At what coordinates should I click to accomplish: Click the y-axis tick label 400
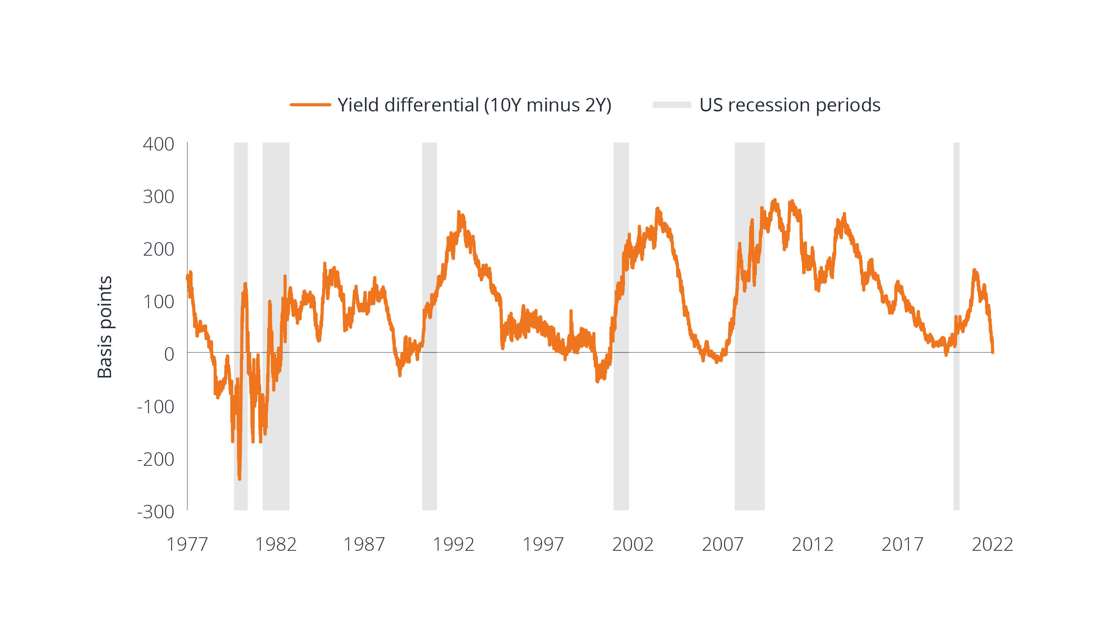(158, 144)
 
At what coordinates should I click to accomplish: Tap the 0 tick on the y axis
(169, 354)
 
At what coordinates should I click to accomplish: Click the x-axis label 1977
(187, 544)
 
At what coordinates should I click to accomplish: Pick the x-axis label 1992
(453, 544)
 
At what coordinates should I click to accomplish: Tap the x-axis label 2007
(722, 544)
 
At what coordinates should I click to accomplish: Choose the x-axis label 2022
(992, 544)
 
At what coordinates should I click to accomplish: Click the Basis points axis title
(105, 327)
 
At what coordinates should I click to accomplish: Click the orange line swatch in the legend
(310, 105)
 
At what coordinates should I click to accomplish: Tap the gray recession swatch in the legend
(672, 105)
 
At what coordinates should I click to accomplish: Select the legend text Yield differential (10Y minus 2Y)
(474, 105)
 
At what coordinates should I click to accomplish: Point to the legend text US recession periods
(790, 105)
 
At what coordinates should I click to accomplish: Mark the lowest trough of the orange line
(240, 479)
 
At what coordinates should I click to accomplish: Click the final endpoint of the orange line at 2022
(992, 352)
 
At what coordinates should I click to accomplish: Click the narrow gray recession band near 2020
(956, 326)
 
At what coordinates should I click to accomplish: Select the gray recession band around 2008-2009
(749, 326)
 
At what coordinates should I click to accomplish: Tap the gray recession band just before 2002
(621, 326)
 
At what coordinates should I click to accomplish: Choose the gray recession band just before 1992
(430, 326)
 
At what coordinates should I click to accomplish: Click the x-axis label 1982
(276, 544)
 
